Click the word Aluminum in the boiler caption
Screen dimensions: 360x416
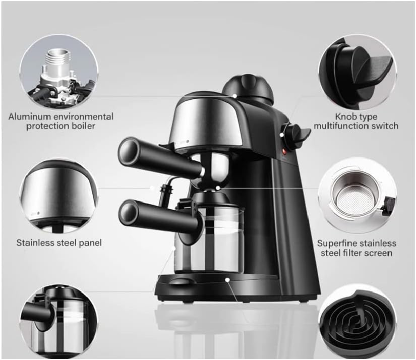[28, 116]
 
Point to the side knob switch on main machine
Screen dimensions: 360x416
[294, 134]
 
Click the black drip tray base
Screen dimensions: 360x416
[217, 287]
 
